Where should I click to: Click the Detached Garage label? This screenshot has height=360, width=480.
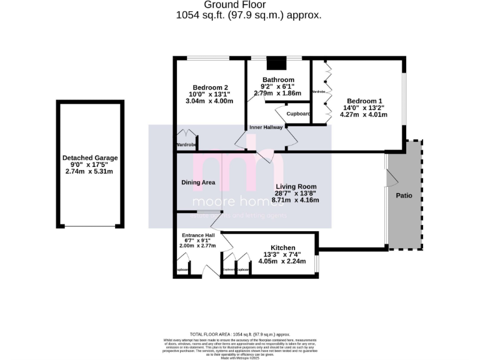click(90, 158)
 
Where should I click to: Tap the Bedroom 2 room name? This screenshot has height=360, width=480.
click(210, 87)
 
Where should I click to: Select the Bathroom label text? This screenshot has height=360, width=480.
click(277, 80)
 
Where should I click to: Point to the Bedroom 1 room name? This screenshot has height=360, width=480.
click(364, 101)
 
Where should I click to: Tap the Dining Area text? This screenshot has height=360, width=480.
click(197, 182)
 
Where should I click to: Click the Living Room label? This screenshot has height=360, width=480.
click(297, 187)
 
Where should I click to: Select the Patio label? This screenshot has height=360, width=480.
click(404, 196)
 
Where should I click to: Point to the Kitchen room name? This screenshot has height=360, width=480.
click(283, 248)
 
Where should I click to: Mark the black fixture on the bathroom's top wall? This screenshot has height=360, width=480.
click(276, 63)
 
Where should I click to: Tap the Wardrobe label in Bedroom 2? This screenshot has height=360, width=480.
click(187, 145)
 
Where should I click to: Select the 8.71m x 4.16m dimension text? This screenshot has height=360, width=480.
click(297, 201)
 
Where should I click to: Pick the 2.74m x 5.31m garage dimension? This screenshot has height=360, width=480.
click(90, 171)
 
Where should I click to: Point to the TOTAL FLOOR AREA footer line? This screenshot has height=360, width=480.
click(240, 334)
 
